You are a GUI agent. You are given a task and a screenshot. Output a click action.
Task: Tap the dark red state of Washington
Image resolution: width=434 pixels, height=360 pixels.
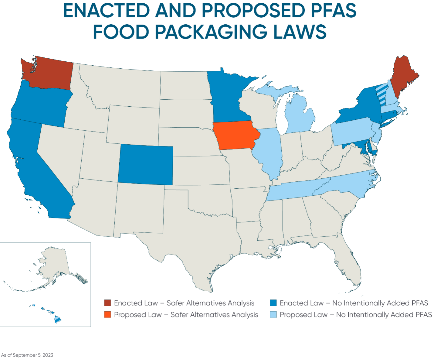click(x=50, y=73)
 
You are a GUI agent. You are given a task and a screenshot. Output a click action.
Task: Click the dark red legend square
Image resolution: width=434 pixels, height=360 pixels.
click(x=107, y=303)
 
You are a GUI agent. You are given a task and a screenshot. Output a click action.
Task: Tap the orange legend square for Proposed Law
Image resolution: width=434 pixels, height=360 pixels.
click(x=107, y=314)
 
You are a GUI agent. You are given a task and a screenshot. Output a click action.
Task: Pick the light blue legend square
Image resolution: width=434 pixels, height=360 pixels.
click(x=273, y=314)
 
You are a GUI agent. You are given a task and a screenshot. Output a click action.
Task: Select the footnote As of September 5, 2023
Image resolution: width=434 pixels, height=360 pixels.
click(x=27, y=355)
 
